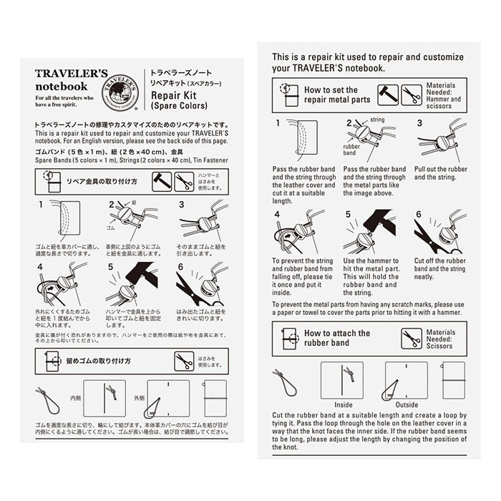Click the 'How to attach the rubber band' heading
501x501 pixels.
[337, 338]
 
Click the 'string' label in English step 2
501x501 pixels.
[377, 120]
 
